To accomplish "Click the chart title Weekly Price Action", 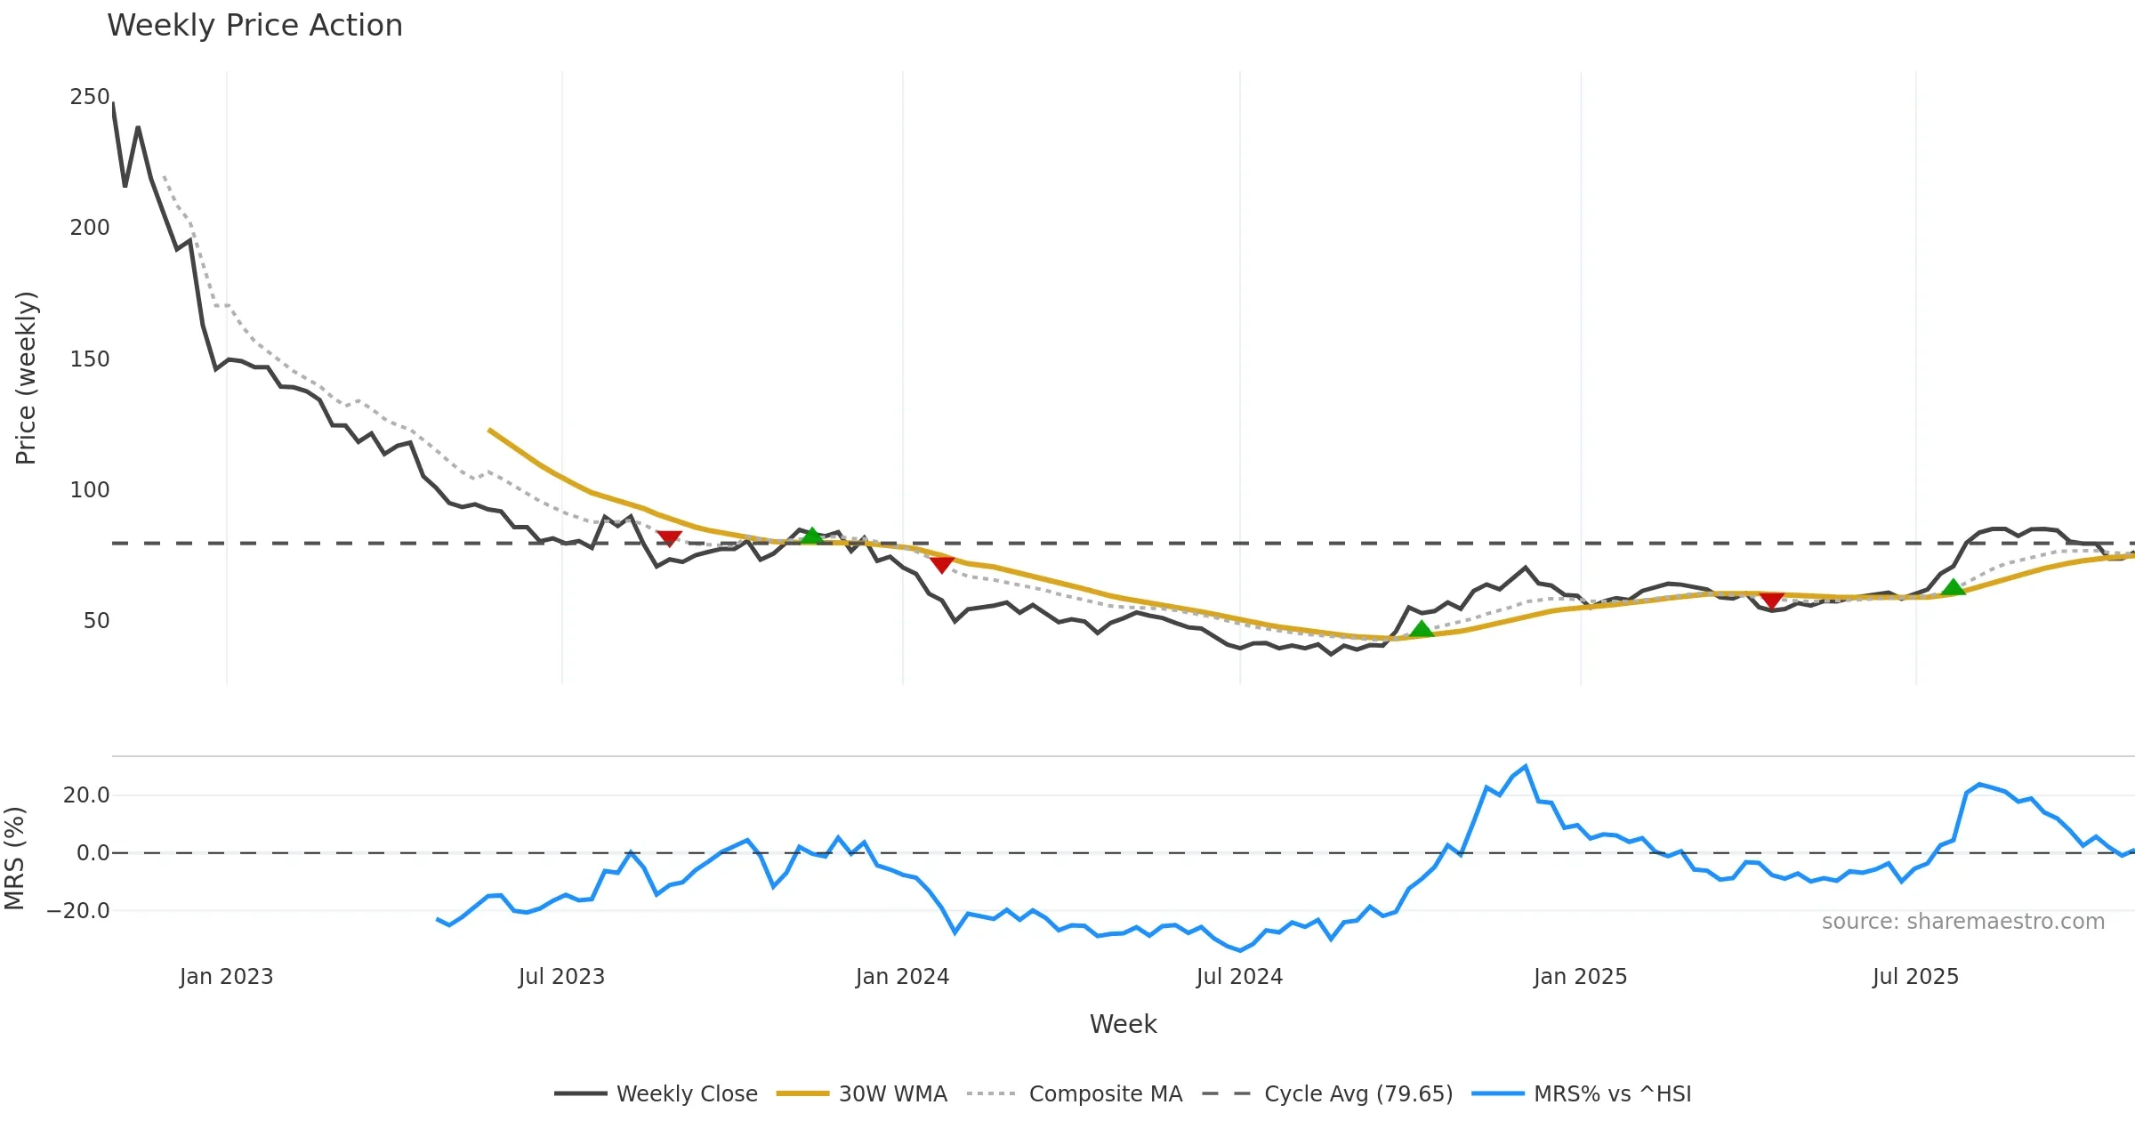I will (254, 26).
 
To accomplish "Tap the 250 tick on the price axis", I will (89, 97).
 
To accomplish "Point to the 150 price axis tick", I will (89, 359).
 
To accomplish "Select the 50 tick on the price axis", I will (96, 621).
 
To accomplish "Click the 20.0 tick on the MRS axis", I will (86, 795).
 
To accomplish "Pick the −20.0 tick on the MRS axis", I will (78, 911).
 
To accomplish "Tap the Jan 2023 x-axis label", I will (226, 977).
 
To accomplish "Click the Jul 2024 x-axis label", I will (1239, 977).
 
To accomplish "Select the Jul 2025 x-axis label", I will (1915, 977).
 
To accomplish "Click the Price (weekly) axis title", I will (26, 378).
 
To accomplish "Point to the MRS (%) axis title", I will (14, 859).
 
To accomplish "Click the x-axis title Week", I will (1123, 1025).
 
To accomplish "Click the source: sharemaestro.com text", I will (1962, 922).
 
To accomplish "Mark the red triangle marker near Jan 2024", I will (941, 564).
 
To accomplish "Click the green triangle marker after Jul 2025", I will (1953, 587).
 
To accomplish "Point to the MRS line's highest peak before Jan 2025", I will (1526, 766).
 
